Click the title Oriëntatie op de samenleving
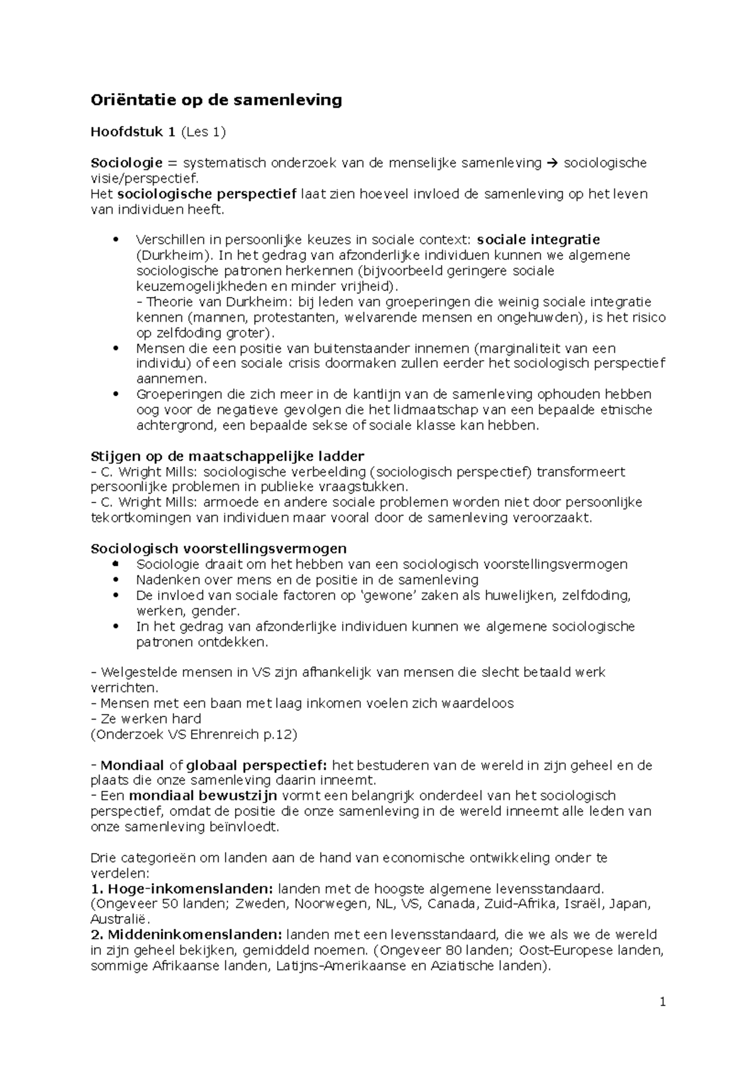tap(216, 100)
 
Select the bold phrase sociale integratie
tap(539, 240)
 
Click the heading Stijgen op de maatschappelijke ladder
tap(227, 456)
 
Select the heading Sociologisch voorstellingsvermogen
tap(219, 548)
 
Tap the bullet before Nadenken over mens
tap(115, 580)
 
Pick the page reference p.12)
tap(281, 734)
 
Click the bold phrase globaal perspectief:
tap(256, 766)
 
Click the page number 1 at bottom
tap(663, 1002)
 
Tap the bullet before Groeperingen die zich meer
tap(115, 395)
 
